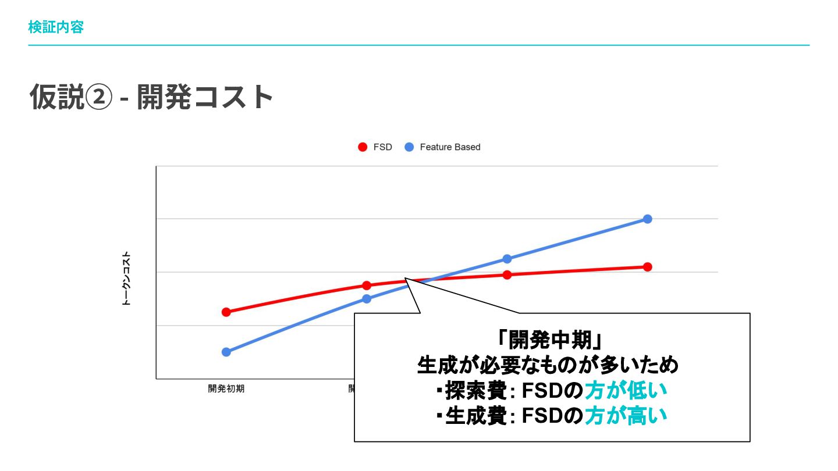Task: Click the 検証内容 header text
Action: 56,27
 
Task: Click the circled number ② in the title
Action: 99,97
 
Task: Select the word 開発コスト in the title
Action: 205,97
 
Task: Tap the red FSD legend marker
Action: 363,147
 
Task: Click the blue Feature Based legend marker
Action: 409,147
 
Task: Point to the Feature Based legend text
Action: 450,147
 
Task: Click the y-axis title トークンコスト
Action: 126,279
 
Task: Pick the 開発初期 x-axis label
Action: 226,389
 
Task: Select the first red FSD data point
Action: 226,312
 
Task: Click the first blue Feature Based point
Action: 226,352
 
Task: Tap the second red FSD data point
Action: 367,286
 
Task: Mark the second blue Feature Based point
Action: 367,299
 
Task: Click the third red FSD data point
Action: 507,275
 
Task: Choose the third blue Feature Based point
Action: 507,259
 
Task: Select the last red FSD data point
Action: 648,267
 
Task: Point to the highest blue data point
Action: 648,219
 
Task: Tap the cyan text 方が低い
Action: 626,391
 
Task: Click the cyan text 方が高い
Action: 626,416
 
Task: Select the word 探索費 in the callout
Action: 476,391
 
